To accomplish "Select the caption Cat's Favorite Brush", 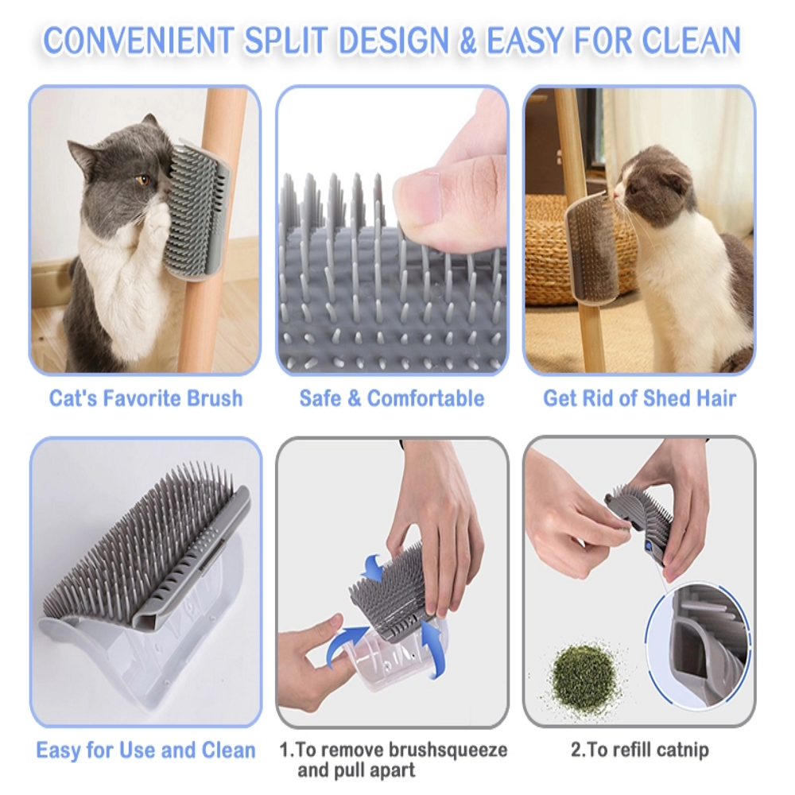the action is click(x=146, y=398).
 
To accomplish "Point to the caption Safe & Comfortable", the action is click(x=392, y=398).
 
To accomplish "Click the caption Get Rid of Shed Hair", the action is click(x=639, y=398).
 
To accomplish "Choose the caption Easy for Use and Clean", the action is click(x=146, y=750).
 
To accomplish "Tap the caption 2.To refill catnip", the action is click(x=640, y=750).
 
